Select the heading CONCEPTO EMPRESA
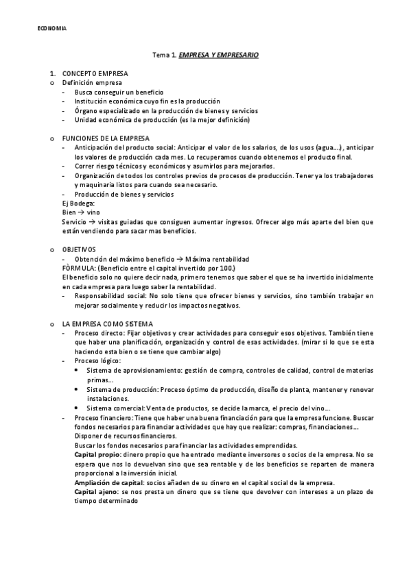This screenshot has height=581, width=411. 95,73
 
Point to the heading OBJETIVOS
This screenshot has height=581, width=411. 79,249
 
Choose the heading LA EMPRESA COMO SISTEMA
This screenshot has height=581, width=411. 108,323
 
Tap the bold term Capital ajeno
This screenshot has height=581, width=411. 96,492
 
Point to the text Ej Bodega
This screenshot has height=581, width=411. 78,203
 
